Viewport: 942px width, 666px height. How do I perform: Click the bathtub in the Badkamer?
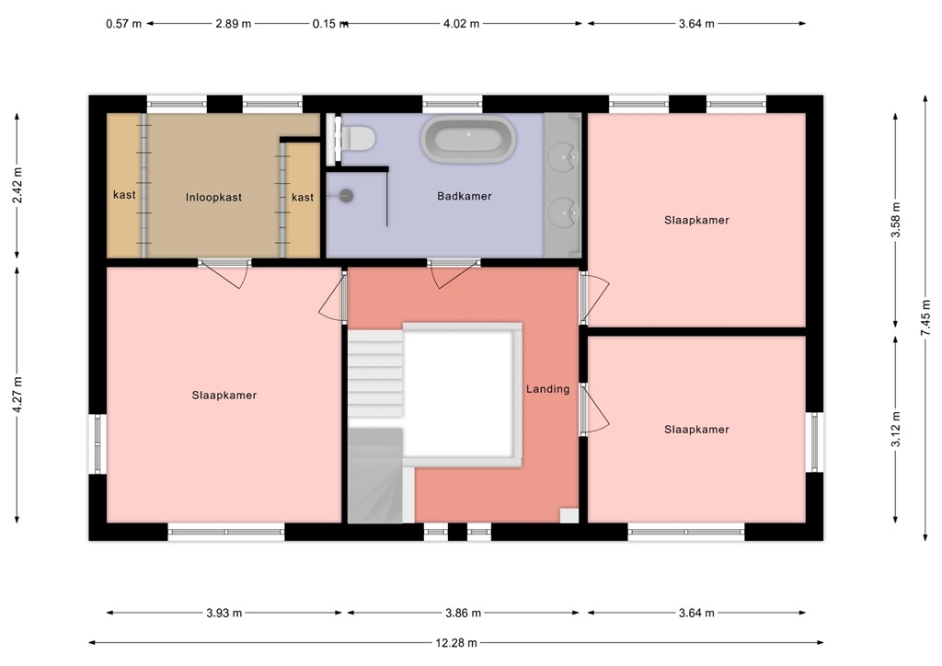click(468, 141)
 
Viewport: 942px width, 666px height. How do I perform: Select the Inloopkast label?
click(213, 197)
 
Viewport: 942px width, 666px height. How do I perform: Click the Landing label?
click(547, 389)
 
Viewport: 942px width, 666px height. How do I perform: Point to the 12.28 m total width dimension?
click(455, 643)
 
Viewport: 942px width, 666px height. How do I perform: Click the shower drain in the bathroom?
click(347, 195)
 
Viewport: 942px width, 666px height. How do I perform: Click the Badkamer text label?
click(464, 196)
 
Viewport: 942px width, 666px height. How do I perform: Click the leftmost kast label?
click(124, 195)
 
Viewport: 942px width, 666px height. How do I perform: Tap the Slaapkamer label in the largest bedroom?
click(224, 396)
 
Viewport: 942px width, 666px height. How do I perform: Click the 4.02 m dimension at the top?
click(461, 24)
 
